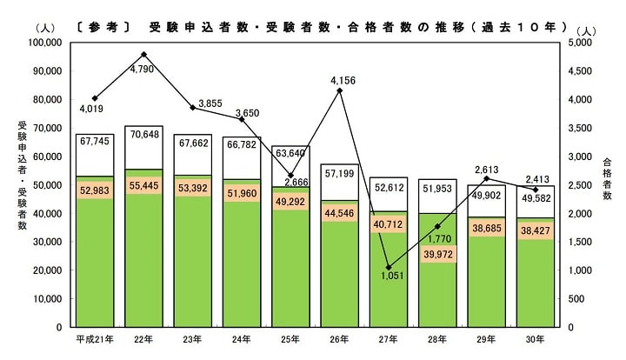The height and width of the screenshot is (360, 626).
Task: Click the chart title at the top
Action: tap(352, 25)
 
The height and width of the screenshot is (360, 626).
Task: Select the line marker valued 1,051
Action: tap(389, 267)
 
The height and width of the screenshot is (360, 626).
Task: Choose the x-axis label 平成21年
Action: tap(95, 340)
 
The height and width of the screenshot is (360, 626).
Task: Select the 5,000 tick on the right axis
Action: tap(585, 43)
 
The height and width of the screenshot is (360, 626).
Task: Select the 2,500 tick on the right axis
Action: tap(585, 185)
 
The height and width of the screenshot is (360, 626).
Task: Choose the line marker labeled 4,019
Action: tap(95, 98)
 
